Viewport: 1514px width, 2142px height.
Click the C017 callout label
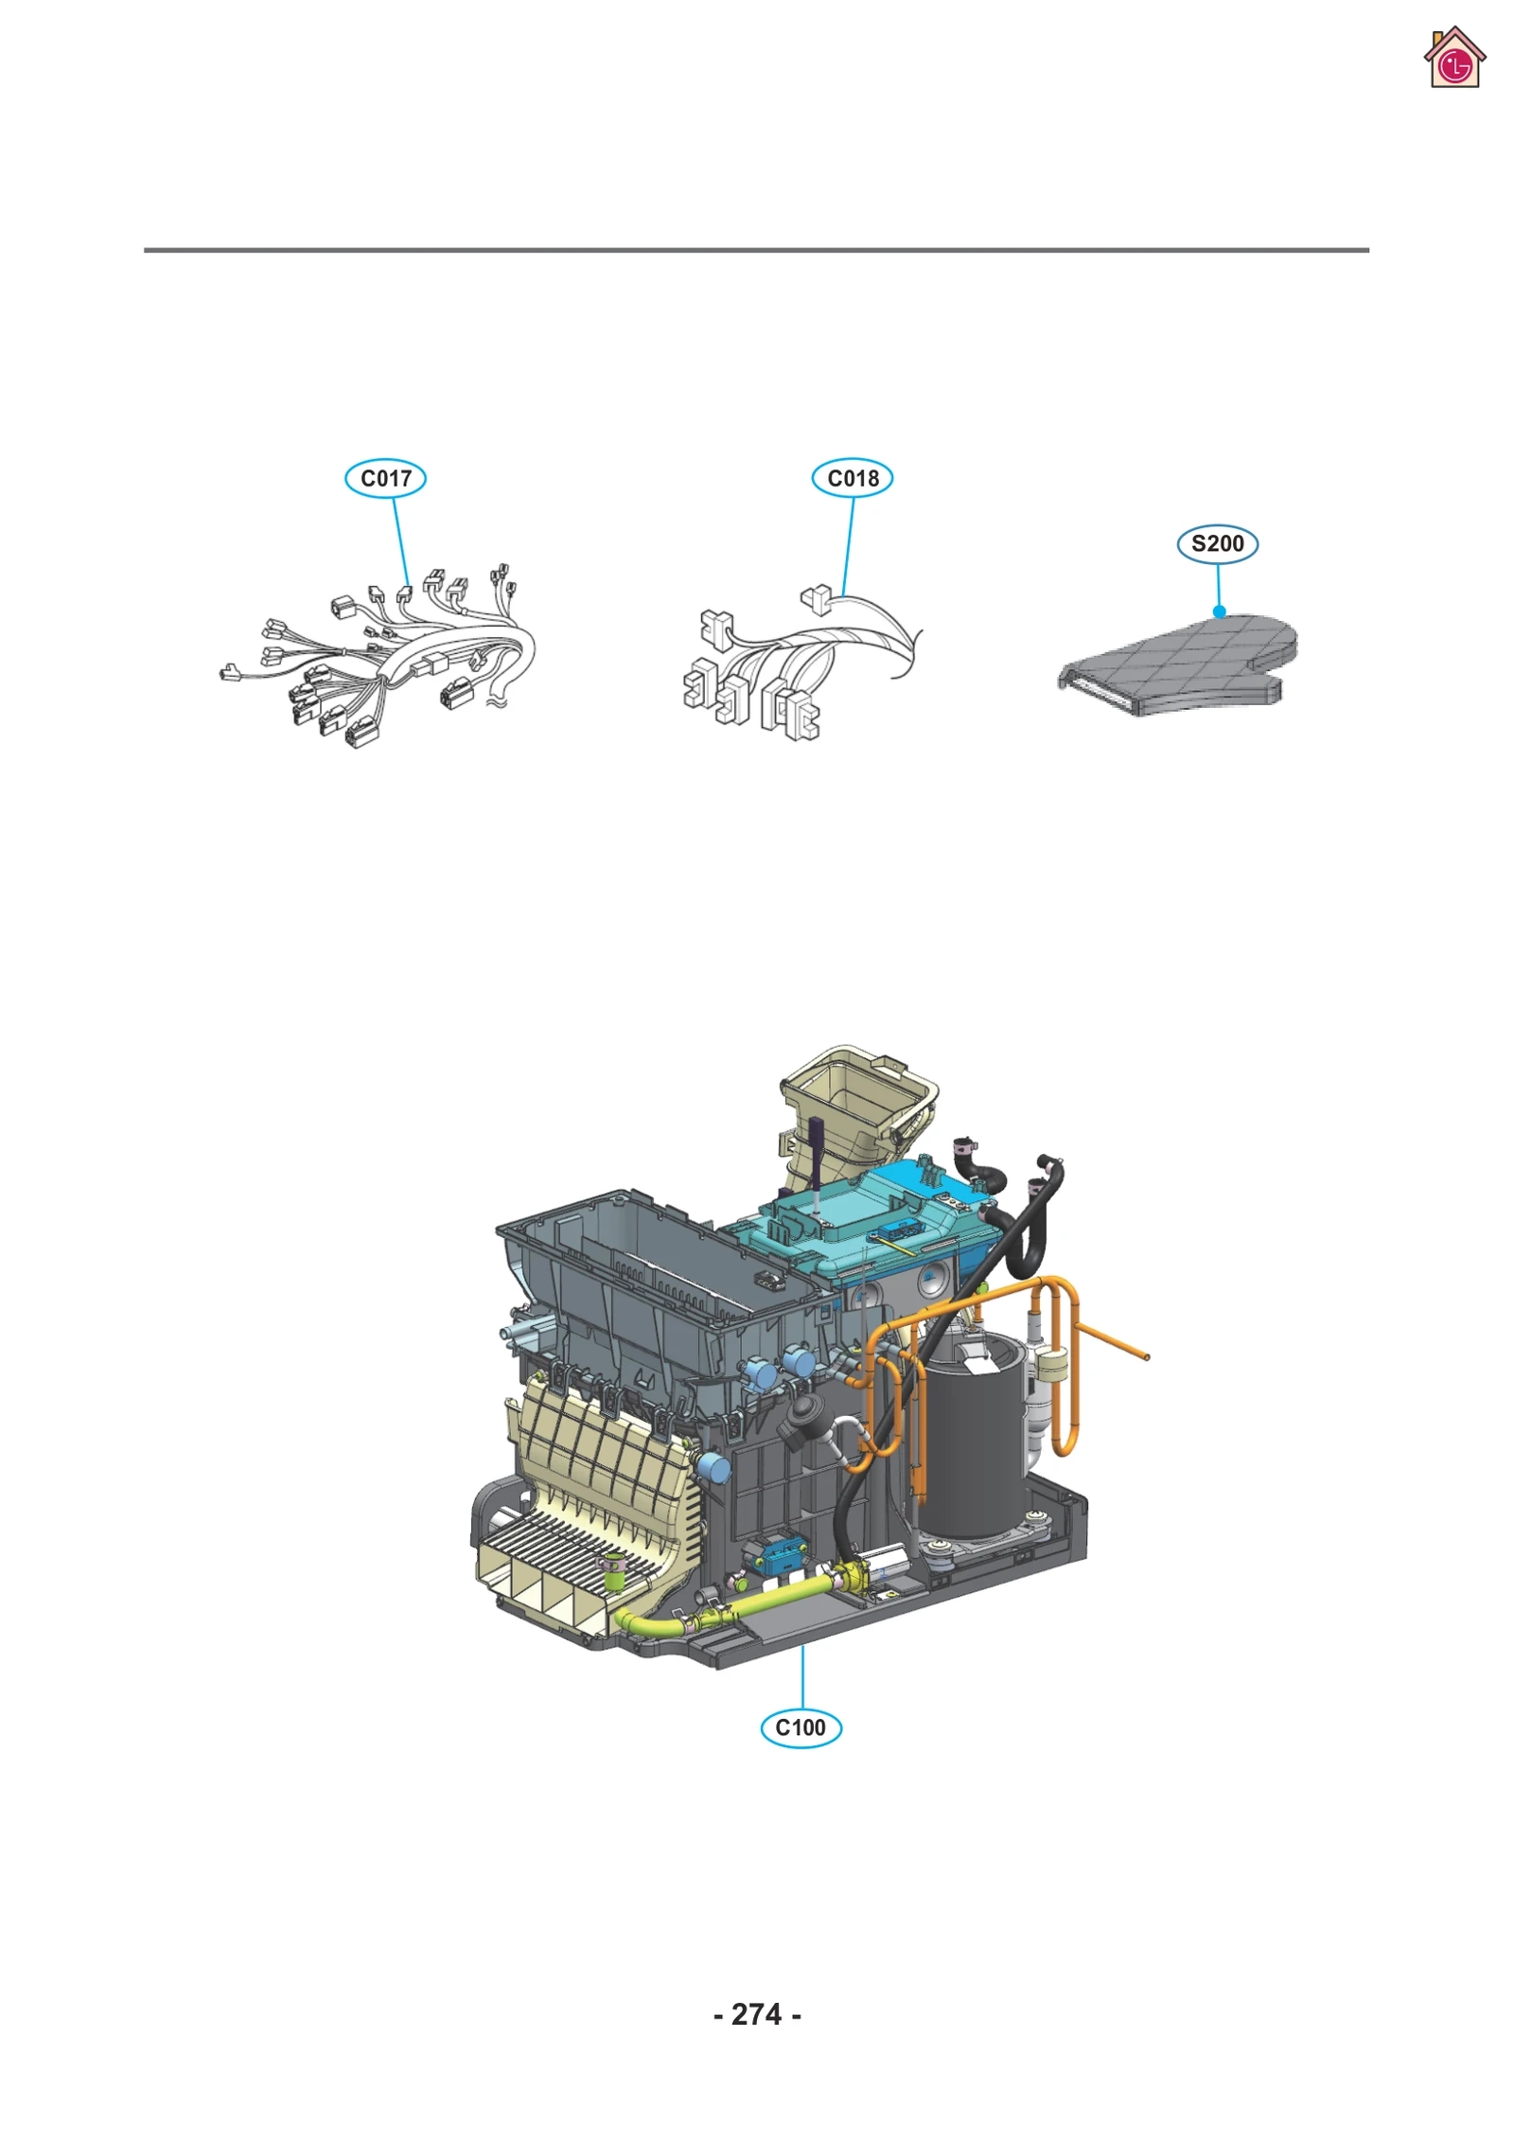[x=385, y=478]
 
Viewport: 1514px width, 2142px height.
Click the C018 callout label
[x=852, y=478]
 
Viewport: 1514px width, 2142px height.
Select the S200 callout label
[x=1217, y=543]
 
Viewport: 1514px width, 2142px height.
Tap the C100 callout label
[x=801, y=1727]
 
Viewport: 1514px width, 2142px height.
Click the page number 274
[x=757, y=2013]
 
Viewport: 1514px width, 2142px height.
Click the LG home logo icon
[x=1454, y=59]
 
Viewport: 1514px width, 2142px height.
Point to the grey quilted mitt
[x=1183, y=663]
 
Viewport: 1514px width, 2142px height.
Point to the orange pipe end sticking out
[x=1145, y=1356]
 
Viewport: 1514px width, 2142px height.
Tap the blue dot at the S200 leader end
[x=1220, y=611]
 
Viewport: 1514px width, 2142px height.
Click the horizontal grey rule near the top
[x=757, y=250]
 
